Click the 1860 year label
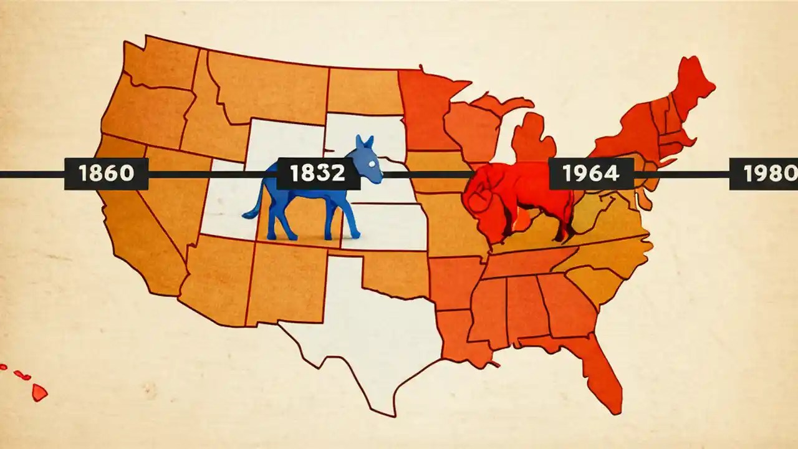[107, 173]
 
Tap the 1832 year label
[318, 173]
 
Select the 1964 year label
[591, 173]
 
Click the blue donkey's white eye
[372, 163]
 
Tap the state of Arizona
[215, 274]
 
